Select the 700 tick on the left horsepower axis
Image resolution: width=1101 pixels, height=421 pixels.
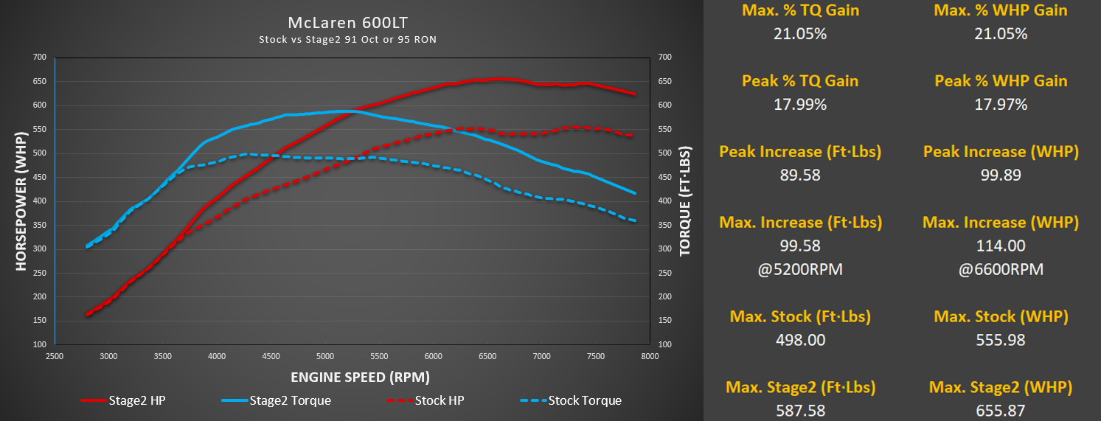coord(39,57)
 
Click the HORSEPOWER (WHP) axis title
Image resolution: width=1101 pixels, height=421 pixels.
coord(21,201)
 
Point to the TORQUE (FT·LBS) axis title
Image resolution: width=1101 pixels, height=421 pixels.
coord(685,201)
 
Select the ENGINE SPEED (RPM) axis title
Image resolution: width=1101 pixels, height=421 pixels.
coord(360,377)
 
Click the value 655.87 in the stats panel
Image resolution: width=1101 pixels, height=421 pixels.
coord(1000,411)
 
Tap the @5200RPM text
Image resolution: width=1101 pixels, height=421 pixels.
coord(799,269)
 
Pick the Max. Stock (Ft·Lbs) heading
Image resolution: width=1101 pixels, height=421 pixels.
coord(800,316)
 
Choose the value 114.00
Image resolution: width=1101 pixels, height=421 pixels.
coord(1001,246)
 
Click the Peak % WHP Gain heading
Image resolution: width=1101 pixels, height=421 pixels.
coord(1001,80)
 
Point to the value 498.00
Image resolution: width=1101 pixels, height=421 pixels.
coord(800,340)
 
